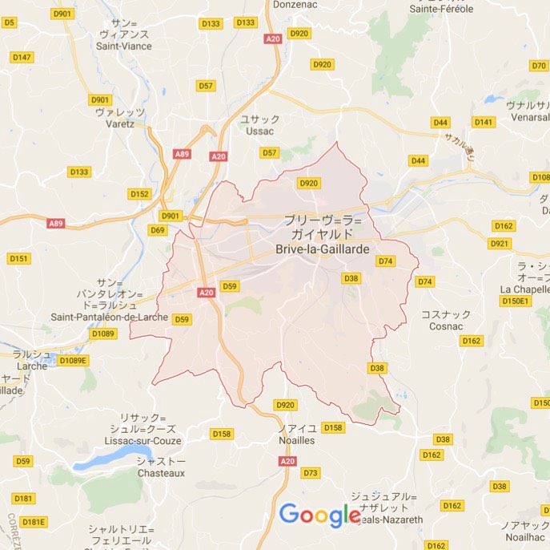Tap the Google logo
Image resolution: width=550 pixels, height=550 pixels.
point(319,514)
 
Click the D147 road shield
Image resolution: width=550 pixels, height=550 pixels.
point(22,57)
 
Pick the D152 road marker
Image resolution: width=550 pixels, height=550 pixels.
point(139,194)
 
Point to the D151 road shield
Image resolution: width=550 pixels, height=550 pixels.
point(18,258)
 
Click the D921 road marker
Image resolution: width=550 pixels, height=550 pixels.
point(499,243)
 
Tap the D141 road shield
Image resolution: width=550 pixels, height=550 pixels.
point(483,122)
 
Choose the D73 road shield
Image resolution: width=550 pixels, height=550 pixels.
point(311,473)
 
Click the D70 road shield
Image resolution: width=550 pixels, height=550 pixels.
point(539,65)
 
